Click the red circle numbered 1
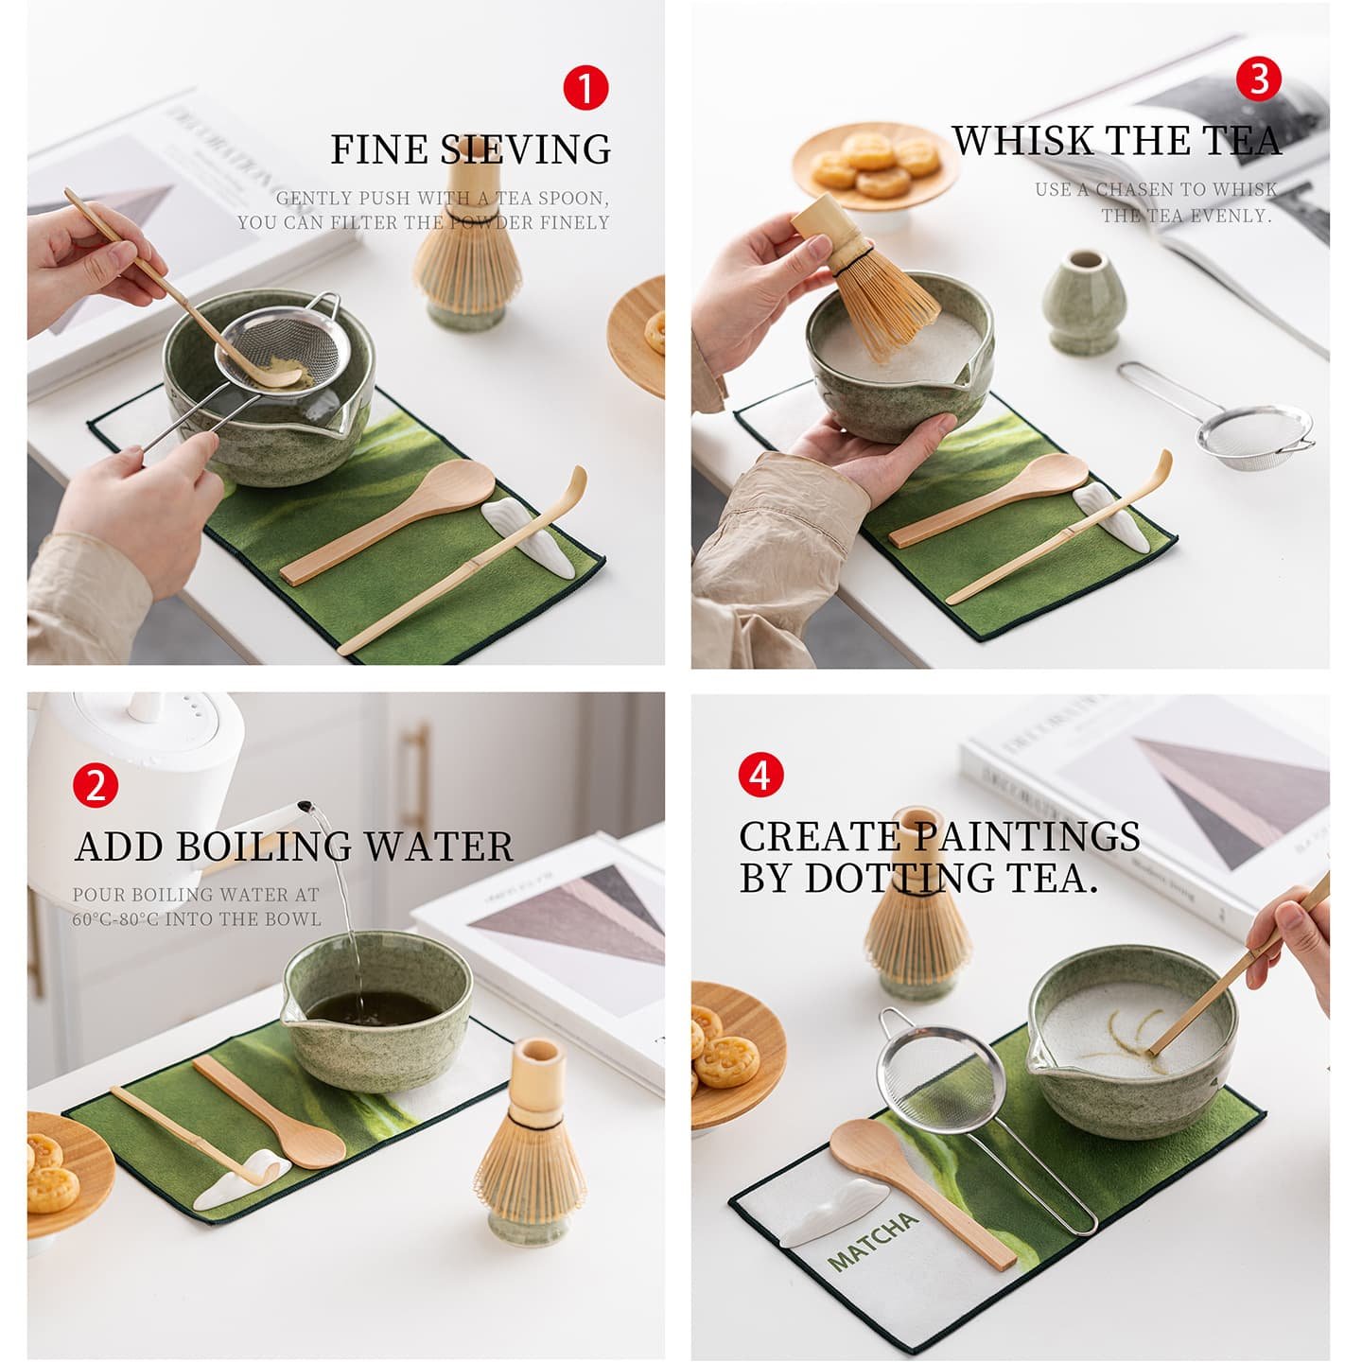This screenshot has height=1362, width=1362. pos(585,88)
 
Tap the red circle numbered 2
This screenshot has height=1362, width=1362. pos(96,785)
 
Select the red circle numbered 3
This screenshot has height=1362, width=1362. pos(1259,79)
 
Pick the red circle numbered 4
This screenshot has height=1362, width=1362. pos(760,776)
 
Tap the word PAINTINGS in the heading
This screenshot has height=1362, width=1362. pos(1028,837)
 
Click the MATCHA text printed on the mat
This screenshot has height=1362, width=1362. pos(872,1240)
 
